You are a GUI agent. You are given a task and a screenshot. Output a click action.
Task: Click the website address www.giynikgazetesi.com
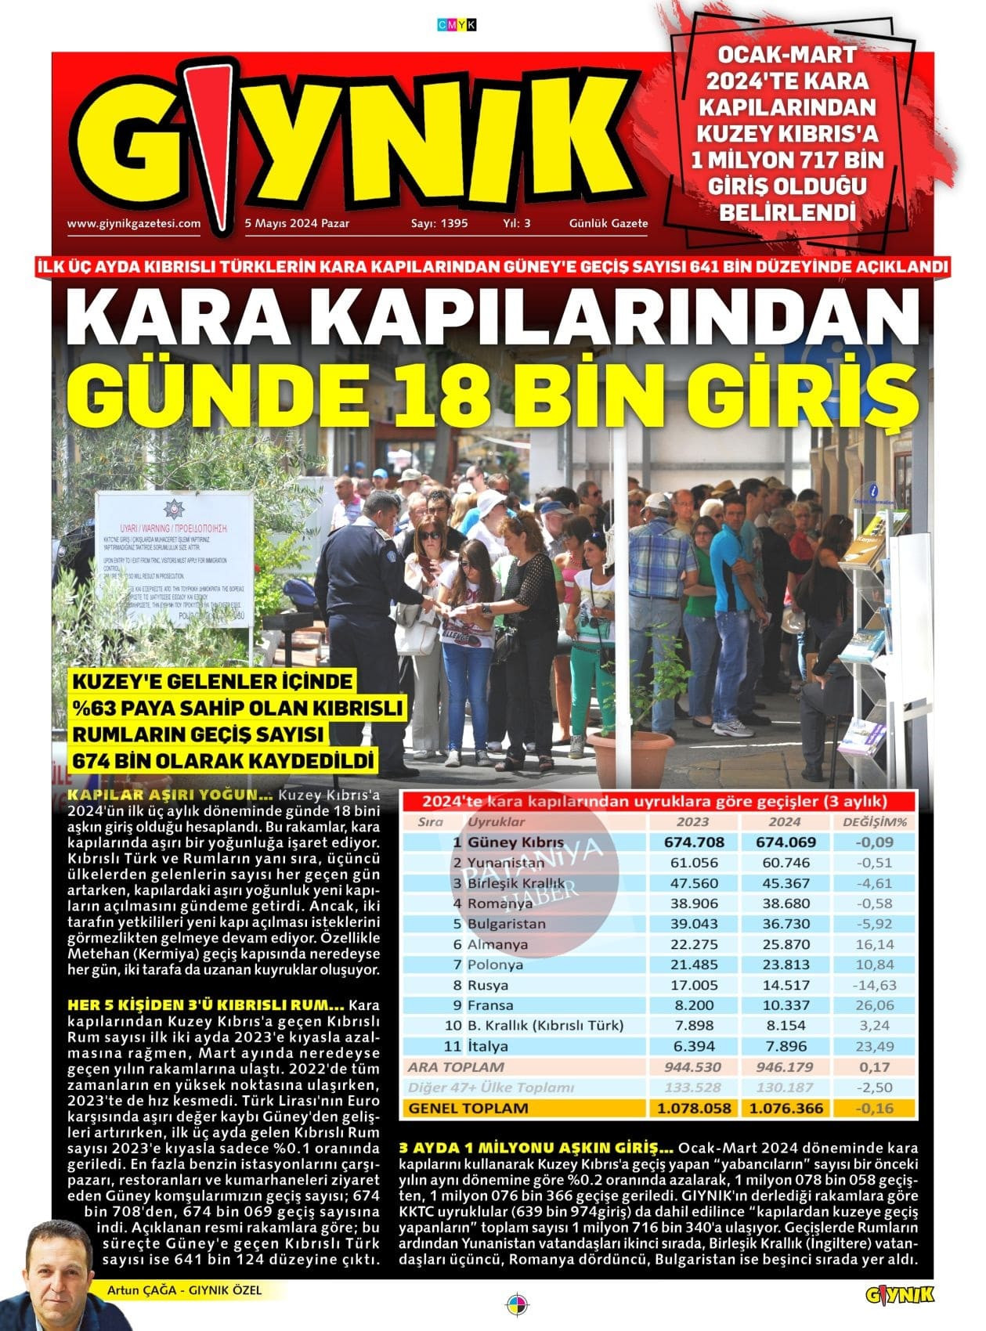134,223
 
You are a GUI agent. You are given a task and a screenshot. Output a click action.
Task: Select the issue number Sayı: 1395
439,223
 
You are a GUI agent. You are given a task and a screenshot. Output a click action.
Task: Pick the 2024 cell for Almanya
784,944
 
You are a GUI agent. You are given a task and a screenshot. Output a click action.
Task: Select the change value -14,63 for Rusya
875,985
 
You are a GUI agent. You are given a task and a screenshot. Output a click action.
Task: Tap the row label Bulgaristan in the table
506,924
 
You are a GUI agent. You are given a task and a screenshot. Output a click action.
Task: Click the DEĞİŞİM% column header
874,822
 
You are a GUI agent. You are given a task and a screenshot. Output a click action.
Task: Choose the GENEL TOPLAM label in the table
468,1108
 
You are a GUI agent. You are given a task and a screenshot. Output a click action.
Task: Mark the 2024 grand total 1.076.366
784,1108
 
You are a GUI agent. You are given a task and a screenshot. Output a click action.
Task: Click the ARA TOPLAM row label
456,1066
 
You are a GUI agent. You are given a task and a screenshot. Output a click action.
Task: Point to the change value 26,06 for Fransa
875,1005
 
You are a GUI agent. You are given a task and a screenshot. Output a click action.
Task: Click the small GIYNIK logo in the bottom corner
900,1295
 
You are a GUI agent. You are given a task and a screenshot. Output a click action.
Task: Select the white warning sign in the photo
174,559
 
